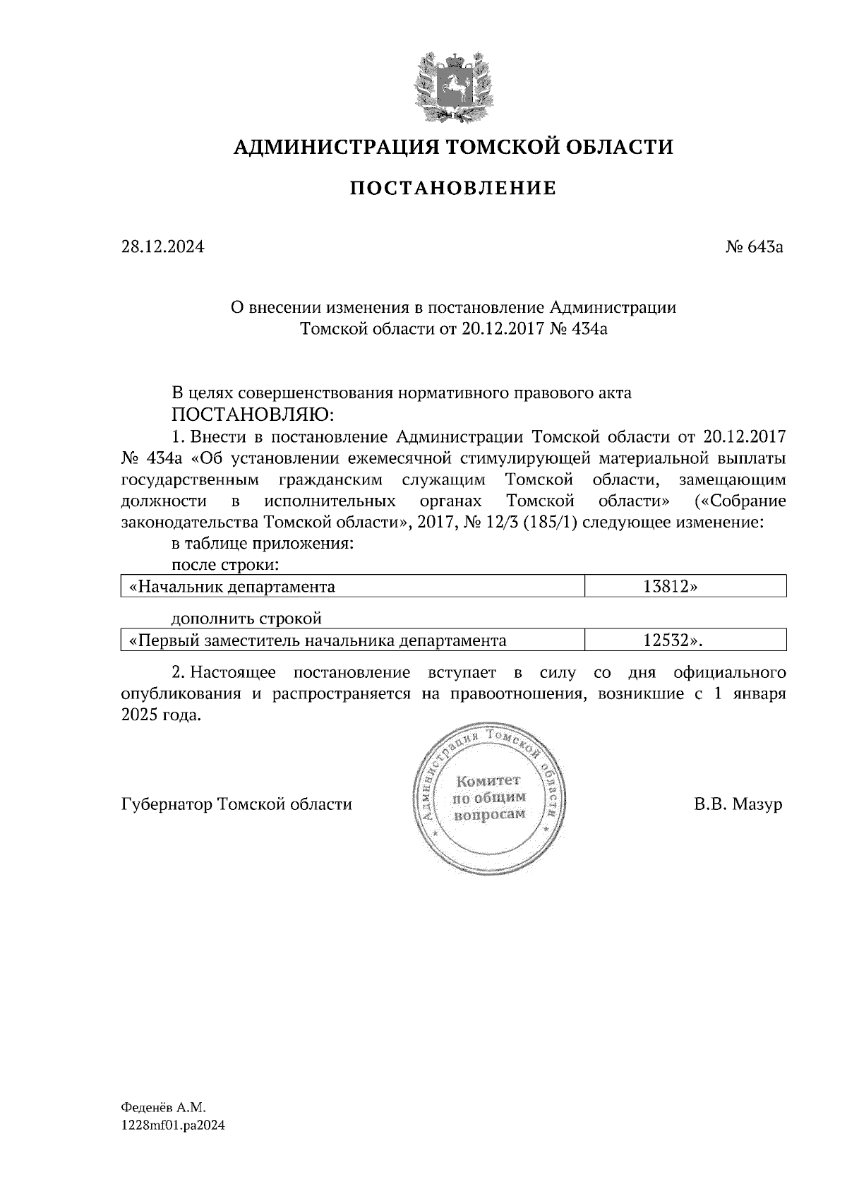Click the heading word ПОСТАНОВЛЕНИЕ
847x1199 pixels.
pyautogui.click(x=453, y=189)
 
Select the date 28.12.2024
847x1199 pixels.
pyautogui.click(x=162, y=247)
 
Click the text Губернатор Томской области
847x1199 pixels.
pyautogui.click(x=236, y=804)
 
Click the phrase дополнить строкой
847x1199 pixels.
pyautogui.click(x=247, y=619)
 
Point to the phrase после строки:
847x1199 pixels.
pyautogui.click(x=226, y=565)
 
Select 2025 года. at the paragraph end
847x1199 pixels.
pyautogui.click(x=162, y=715)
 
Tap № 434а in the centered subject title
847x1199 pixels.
pyautogui.click(x=578, y=329)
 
